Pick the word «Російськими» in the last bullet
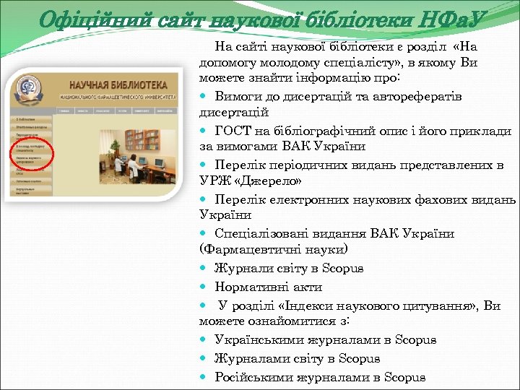click(x=252, y=376)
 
